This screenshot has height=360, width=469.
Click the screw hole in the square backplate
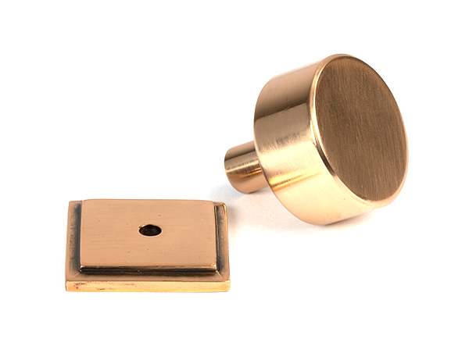click(150, 230)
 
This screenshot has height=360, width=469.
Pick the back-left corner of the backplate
click(71, 202)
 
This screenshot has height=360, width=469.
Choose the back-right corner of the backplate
click(225, 204)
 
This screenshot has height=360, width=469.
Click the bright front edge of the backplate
click(149, 285)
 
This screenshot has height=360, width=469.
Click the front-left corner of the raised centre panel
click(81, 267)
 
